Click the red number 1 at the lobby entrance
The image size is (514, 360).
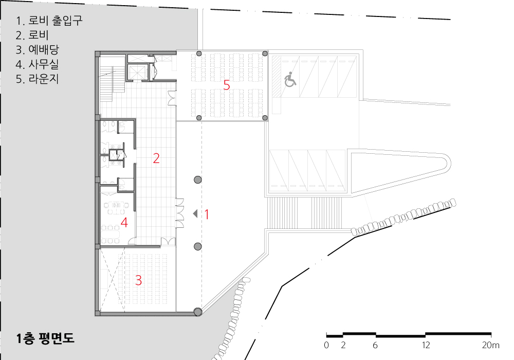(207, 214)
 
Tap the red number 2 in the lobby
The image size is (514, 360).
(156, 158)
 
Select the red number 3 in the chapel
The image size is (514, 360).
(139, 280)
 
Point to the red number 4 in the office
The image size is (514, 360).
(124, 223)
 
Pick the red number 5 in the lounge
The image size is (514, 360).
(227, 85)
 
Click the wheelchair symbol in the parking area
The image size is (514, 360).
(290, 80)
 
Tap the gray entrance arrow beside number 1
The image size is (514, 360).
(195, 214)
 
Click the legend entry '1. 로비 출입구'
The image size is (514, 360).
(49, 21)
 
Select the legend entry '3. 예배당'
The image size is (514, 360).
(38, 50)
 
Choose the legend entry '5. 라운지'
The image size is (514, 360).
(38, 79)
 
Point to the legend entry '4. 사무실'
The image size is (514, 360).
(38, 64)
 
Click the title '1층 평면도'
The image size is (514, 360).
(45, 338)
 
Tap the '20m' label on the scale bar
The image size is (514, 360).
(491, 345)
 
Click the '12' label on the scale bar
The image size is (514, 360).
(426, 345)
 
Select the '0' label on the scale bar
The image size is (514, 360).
(326, 345)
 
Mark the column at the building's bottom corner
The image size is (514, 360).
(198, 312)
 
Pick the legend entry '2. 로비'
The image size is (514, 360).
(32, 35)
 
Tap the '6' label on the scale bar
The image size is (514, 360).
(375, 345)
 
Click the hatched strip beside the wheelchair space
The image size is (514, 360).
(277, 77)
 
